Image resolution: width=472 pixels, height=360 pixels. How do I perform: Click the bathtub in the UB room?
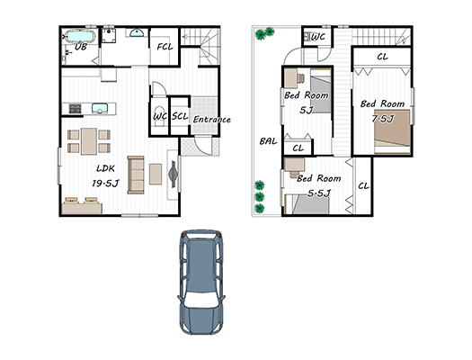(x=80, y=37)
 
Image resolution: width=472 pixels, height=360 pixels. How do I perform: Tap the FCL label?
(x=165, y=47)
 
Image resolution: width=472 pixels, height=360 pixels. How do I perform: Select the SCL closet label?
(x=180, y=116)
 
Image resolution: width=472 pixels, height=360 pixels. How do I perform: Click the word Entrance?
(x=211, y=120)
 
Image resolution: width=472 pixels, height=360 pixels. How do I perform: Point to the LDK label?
(x=105, y=168)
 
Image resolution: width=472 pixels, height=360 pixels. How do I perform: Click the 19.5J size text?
(x=105, y=183)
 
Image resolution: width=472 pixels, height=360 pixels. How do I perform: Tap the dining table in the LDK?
(x=89, y=141)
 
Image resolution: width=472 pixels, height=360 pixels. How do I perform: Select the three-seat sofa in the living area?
(x=136, y=175)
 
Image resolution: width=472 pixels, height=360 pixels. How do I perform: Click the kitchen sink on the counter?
(x=100, y=109)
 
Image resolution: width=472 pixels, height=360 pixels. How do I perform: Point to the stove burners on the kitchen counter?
(x=75, y=109)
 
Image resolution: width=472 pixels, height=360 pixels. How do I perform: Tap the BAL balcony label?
(x=268, y=141)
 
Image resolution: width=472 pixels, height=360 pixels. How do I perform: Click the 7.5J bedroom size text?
(x=383, y=119)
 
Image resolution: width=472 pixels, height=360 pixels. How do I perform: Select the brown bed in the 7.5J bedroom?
(x=392, y=132)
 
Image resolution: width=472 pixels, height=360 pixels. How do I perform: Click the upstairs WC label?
(x=318, y=37)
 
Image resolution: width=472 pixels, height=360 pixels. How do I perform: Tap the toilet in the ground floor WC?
(x=159, y=115)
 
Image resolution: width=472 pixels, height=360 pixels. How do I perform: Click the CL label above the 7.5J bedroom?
(x=382, y=57)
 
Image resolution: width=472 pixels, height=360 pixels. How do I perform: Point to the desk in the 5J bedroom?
(x=291, y=78)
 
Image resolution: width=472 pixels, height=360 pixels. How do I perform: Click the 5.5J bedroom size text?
(x=319, y=193)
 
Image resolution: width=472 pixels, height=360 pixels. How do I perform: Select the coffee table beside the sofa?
(x=156, y=174)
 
